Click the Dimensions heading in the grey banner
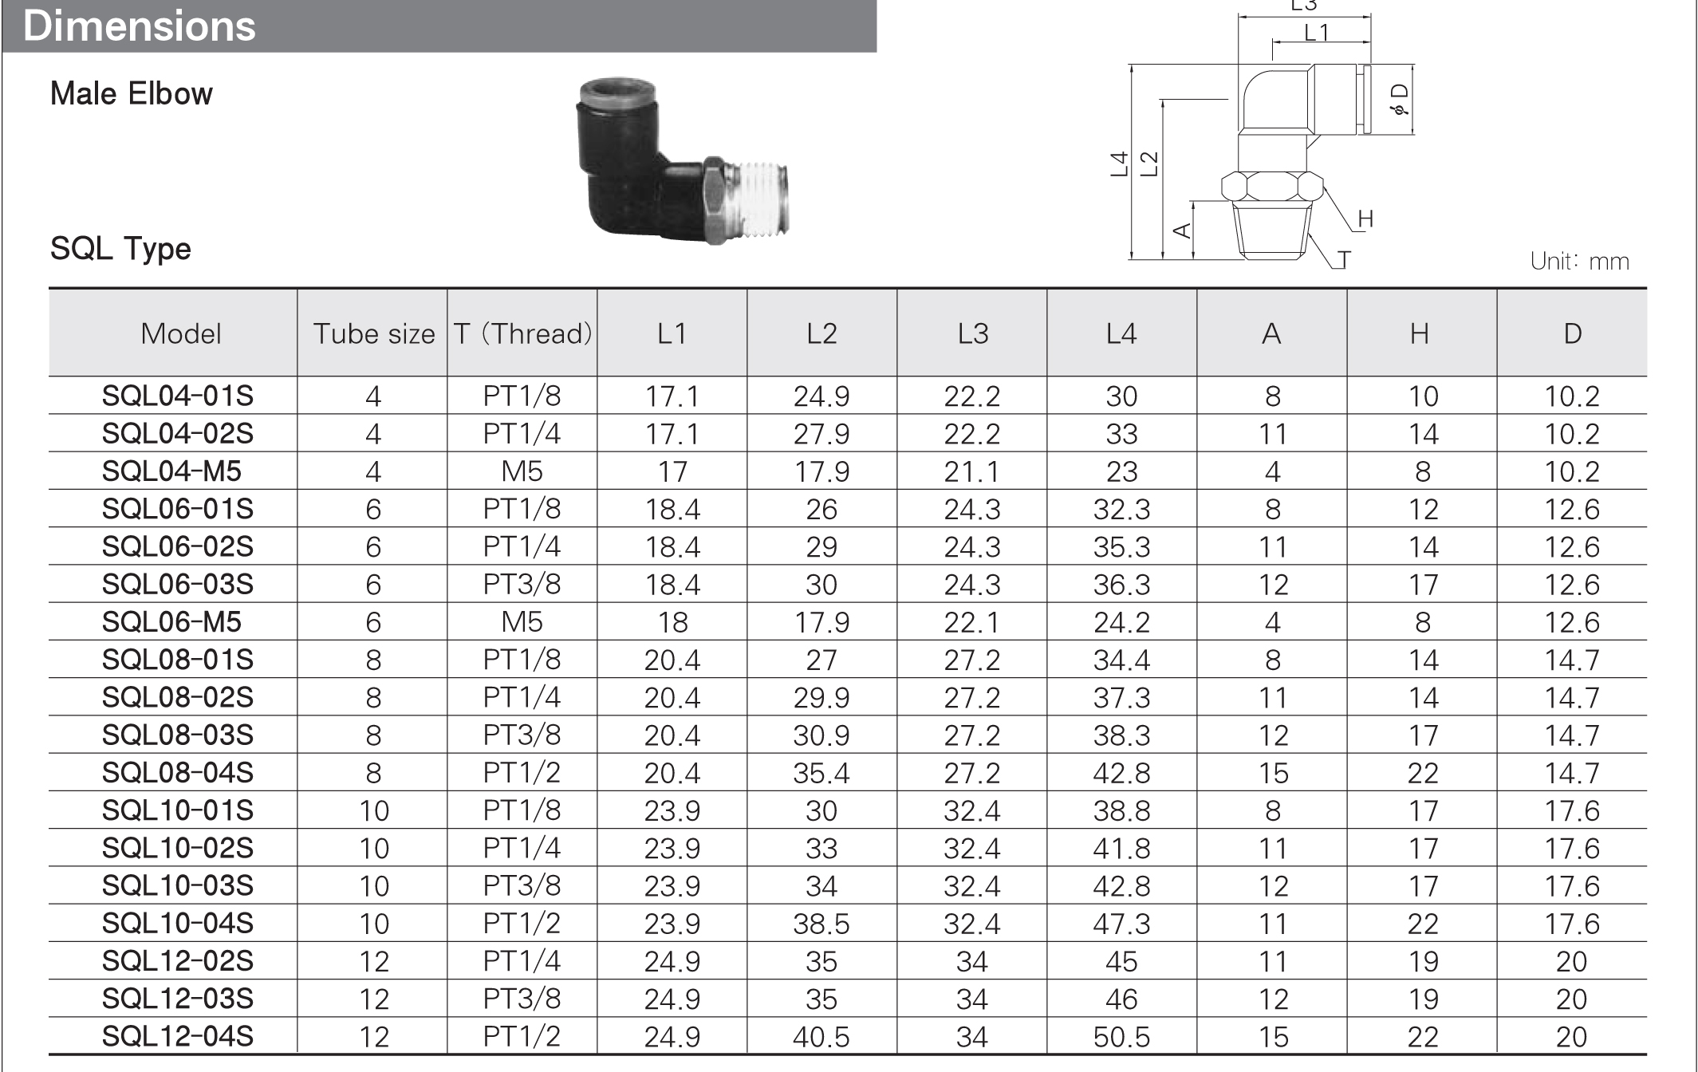pos(140,26)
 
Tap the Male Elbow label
pos(132,94)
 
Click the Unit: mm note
pos(1579,261)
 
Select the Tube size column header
pos(373,333)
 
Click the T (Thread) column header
pos(522,333)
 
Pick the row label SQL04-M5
pos(171,471)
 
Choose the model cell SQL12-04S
pos(177,1036)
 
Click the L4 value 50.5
pos(1121,1036)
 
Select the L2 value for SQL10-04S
pos(821,924)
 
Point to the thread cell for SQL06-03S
pos(522,585)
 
